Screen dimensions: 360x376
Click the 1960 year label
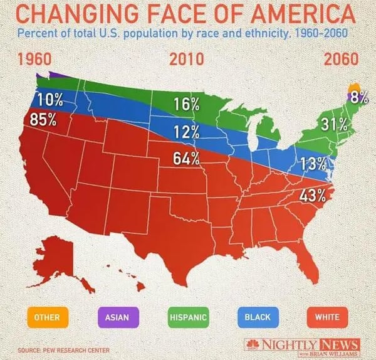(39, 60)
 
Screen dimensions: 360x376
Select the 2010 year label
(187, 60)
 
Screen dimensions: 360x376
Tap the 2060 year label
(341, 60)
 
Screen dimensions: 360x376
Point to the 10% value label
(50, 100)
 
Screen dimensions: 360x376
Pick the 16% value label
(186, 105)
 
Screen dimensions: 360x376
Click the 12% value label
(187, 132)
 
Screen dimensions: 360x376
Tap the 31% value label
(334, 124)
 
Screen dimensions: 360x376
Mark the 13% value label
(313, 165)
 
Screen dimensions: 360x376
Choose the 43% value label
(312, 195)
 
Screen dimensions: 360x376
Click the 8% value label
(359, 97)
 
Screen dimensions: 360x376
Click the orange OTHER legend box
(48, 317)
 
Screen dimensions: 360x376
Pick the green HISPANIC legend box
(188, 317)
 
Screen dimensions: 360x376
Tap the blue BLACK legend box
(258, 317)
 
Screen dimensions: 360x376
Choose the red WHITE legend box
(328, 317)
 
